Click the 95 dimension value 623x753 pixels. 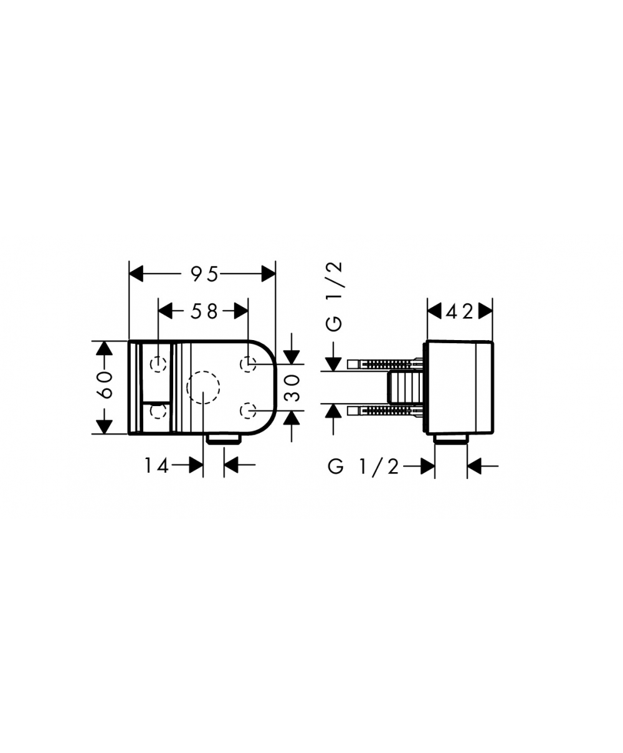[x=204, y=274]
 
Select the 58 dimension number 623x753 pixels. [x=204, y=311]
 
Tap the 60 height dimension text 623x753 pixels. [x=106, y=384]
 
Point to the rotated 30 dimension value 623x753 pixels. [x=292, y=388]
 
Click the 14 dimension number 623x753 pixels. [x=156, y=466]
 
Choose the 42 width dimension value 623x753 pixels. [x=460, y=311]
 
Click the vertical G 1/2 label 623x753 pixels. [x=334, y=297]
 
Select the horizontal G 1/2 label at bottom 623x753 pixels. [x=363, y=467]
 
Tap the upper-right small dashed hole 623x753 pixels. [x=248, y=364]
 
